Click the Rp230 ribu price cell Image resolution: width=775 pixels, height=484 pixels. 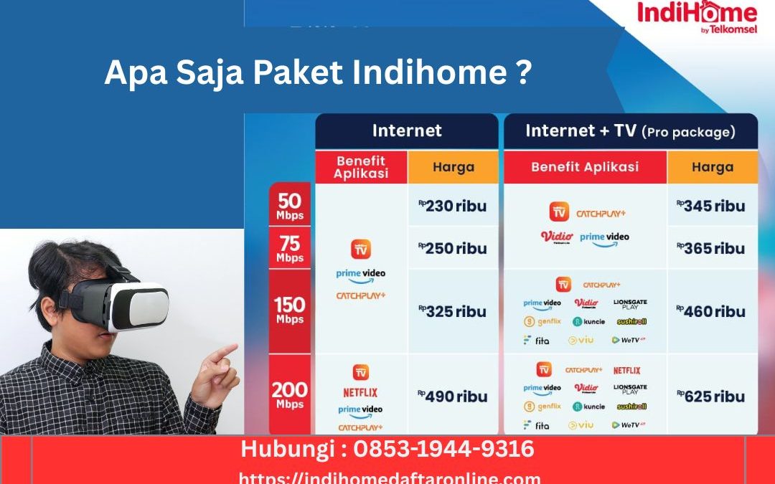[x=453, y=206]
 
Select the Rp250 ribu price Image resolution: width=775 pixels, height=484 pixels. [x=453, y=248]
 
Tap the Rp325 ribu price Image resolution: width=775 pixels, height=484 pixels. [x=453, y=311]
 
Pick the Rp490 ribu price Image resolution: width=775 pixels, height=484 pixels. [x=453, y=396]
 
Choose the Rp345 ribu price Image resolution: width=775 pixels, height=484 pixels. [x=711, y=206]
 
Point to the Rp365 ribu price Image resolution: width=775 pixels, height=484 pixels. [x=711, y=248]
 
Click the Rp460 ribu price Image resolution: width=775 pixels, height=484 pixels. [x=711, y=311]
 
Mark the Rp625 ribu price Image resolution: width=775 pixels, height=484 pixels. [x=711, y=396]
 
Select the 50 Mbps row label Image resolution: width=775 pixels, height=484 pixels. [x=290, y=205]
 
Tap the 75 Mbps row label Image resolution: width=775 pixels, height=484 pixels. [x=290, y=248]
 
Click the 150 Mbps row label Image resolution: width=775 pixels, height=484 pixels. [x=290, y=310]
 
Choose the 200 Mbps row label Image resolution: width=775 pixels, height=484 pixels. [x=290, y=395]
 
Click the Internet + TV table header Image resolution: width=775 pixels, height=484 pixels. [x=630, y=131]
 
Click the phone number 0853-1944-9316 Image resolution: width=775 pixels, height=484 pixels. [x=444, y=450]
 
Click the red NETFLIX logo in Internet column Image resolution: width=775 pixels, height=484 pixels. [x=360, y=392]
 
